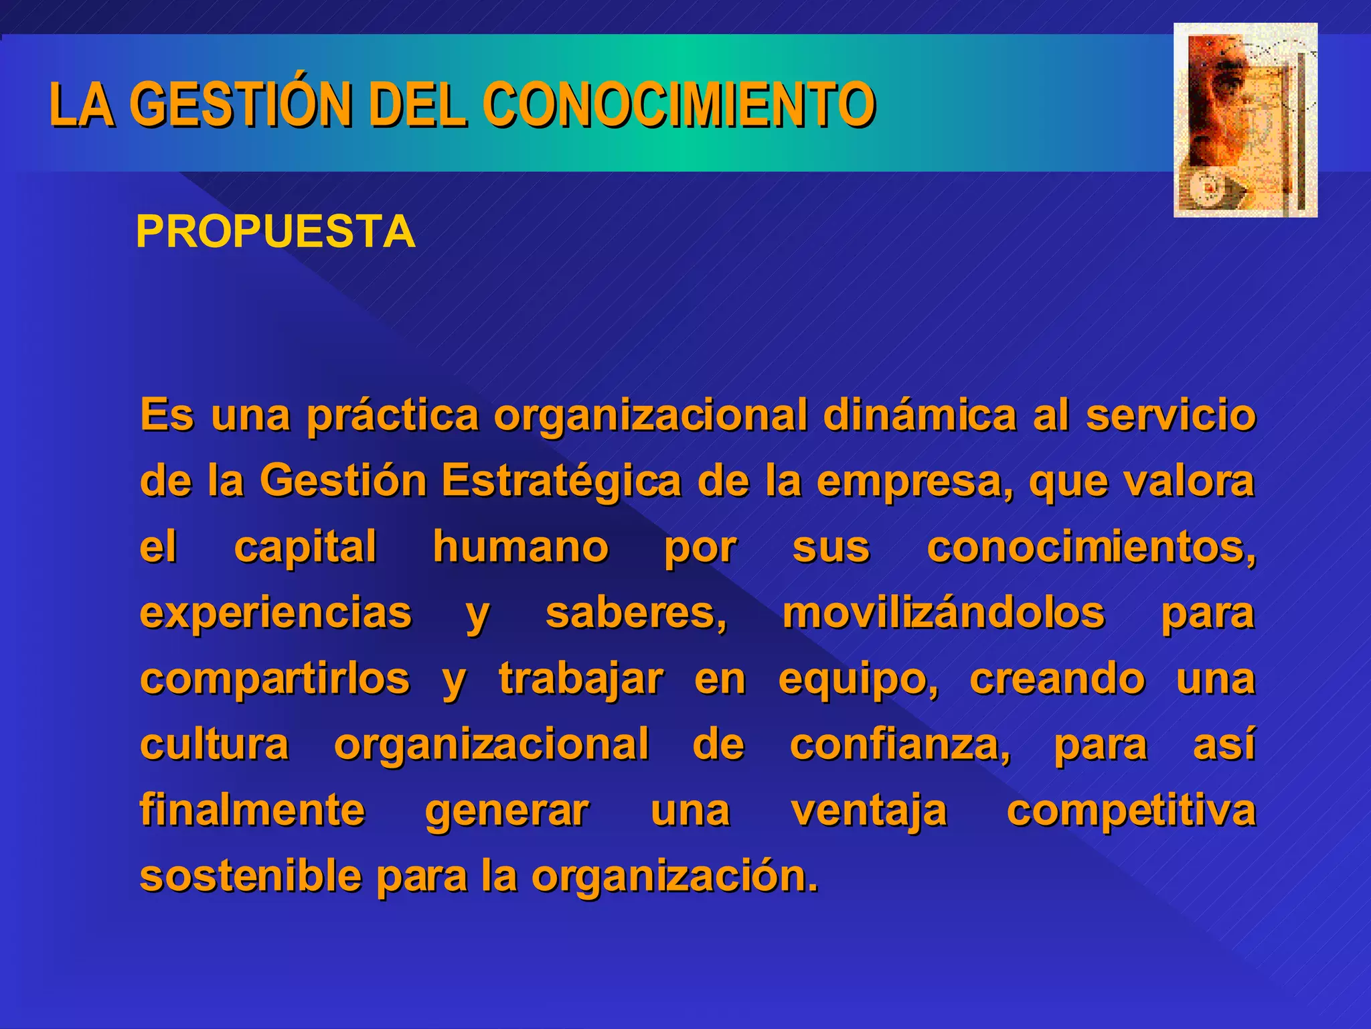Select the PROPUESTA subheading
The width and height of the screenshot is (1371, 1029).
(275, 232)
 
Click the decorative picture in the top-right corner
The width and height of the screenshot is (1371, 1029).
(1245, 121)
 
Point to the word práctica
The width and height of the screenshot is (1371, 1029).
(393, 415)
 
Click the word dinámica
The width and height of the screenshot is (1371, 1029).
(920, 415)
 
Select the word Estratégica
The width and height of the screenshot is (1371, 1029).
(560, 481)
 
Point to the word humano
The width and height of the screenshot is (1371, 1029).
(520, 547)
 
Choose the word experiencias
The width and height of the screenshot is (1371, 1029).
(275, 612)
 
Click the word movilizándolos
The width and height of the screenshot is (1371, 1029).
(943, 612)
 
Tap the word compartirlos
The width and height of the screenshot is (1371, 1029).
(274, 678)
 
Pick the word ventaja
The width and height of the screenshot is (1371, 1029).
(869, 811)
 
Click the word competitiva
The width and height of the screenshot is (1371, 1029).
(1131, 811)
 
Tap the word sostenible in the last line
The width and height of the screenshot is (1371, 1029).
(249, 876)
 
